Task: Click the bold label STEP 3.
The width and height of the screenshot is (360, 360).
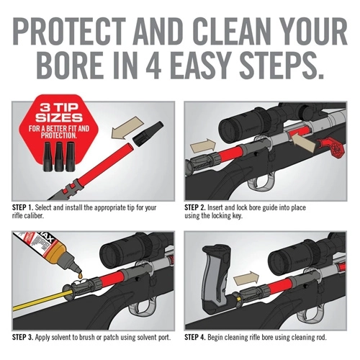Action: [x=26, y=337]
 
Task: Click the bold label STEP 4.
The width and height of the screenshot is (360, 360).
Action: [x=200, y=337]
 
